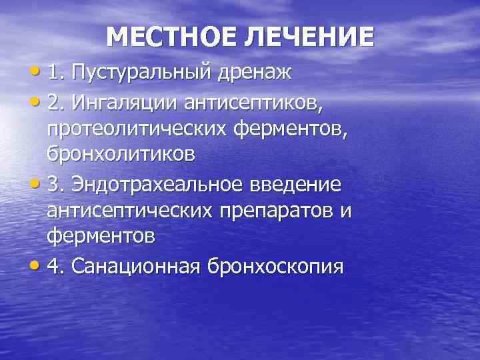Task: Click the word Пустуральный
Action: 142,72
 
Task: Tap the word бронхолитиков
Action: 121,154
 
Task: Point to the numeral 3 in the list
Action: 53,183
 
